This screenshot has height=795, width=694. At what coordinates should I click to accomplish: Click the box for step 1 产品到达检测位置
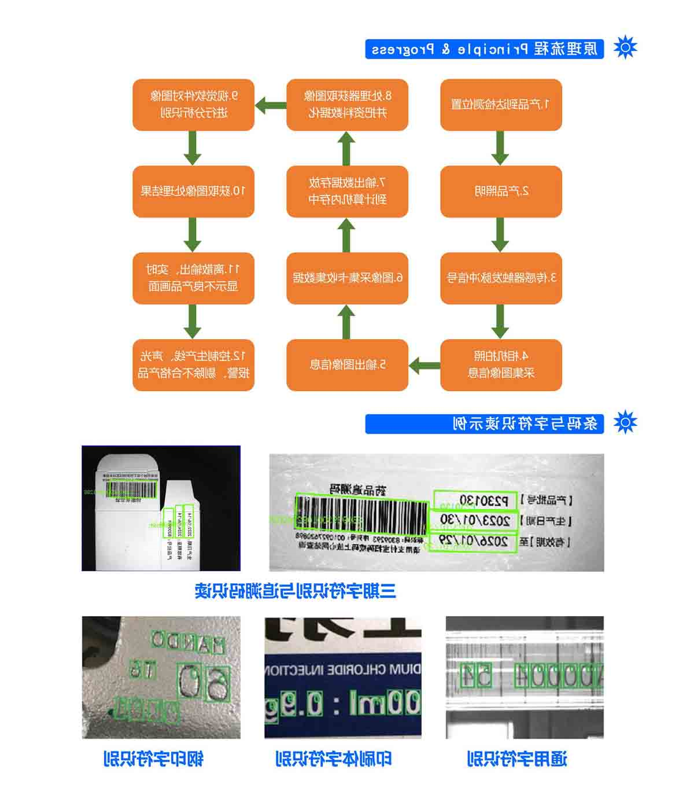(x=501, y=105)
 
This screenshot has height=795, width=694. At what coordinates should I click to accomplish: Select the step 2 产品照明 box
(x=501, y=192)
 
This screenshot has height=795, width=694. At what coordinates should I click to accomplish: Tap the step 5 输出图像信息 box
(x=347, y=365)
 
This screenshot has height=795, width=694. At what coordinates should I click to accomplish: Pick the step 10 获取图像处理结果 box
(x=193, y=192)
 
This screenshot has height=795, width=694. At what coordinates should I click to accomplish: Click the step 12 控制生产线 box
(x=193, y=365)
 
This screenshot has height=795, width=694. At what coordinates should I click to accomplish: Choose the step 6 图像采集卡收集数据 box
(x=347, y=278)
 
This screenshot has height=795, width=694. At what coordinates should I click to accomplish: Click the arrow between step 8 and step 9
(x=271, y=105)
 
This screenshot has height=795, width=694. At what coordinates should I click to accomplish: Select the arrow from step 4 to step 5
(x=424, y=366)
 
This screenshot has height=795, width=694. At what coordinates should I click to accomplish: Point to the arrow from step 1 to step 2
(x=500, y=148)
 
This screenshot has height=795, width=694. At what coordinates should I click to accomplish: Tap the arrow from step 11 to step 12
(x=193, y=322)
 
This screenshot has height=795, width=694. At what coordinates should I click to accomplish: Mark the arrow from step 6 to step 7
(x=346, y=235)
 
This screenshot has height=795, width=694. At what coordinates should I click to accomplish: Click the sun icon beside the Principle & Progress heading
(x=625, y=47)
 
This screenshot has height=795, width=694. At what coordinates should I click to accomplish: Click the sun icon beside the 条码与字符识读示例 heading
(x=625, y=422)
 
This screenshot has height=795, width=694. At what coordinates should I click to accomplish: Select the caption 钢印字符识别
(x=153, y=759)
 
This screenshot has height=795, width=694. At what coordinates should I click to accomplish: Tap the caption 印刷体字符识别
(x=334, y=759)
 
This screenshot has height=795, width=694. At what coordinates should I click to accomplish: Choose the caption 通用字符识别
(x=517, y=759)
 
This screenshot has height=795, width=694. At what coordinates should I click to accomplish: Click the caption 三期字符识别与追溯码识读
(x=296, y=591)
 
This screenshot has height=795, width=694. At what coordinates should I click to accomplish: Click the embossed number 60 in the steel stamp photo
(x=205, y=683)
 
